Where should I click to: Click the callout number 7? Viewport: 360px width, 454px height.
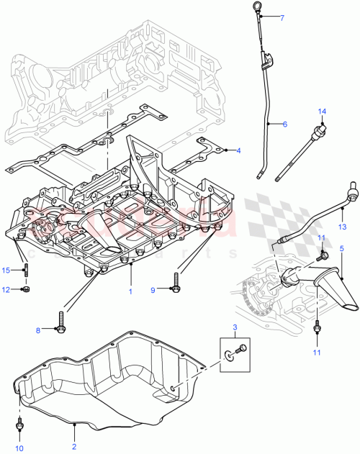[x=283, y=17]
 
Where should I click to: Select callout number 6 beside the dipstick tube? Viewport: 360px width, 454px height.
[x=284, y=124]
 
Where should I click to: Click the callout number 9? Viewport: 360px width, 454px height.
[x=153, y=290]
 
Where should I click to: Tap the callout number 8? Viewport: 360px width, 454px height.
[x=38, y=330]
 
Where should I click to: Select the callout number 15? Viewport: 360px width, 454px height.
[x=6, y=270]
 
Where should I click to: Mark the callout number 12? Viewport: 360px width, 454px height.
[x=6, y=290]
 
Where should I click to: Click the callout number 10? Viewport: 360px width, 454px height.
[x=19, y=448]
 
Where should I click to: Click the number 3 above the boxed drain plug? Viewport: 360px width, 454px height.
[x=235, y=327]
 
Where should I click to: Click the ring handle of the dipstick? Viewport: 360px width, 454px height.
[x=256, y=12]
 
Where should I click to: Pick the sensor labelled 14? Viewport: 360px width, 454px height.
[x=315, y=134]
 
